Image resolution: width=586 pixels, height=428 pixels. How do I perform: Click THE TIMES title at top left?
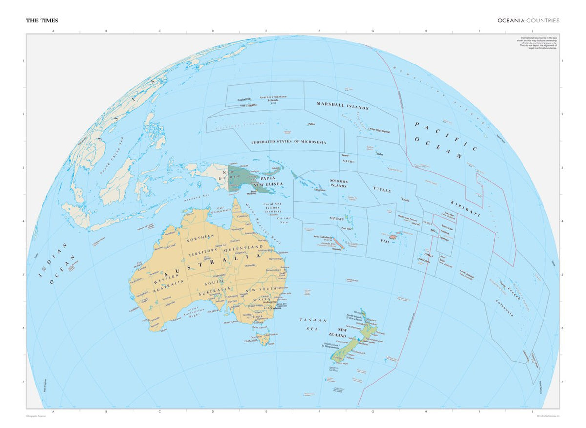coord(42,21)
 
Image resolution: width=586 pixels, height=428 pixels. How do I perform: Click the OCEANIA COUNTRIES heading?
coord(528,21)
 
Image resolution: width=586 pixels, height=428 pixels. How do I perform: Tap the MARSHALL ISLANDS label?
coord(342,105)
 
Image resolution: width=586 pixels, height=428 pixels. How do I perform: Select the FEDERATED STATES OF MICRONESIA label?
coord(288,142)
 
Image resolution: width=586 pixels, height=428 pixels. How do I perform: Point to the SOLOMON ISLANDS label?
coord(338,183)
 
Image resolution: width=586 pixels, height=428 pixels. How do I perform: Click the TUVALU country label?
coord(382,189)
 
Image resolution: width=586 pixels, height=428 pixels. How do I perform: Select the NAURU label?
coord(348,161)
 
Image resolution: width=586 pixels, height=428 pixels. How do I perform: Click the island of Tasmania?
coord(264,338)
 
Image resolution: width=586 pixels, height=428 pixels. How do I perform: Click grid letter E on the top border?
coord(266,31)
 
